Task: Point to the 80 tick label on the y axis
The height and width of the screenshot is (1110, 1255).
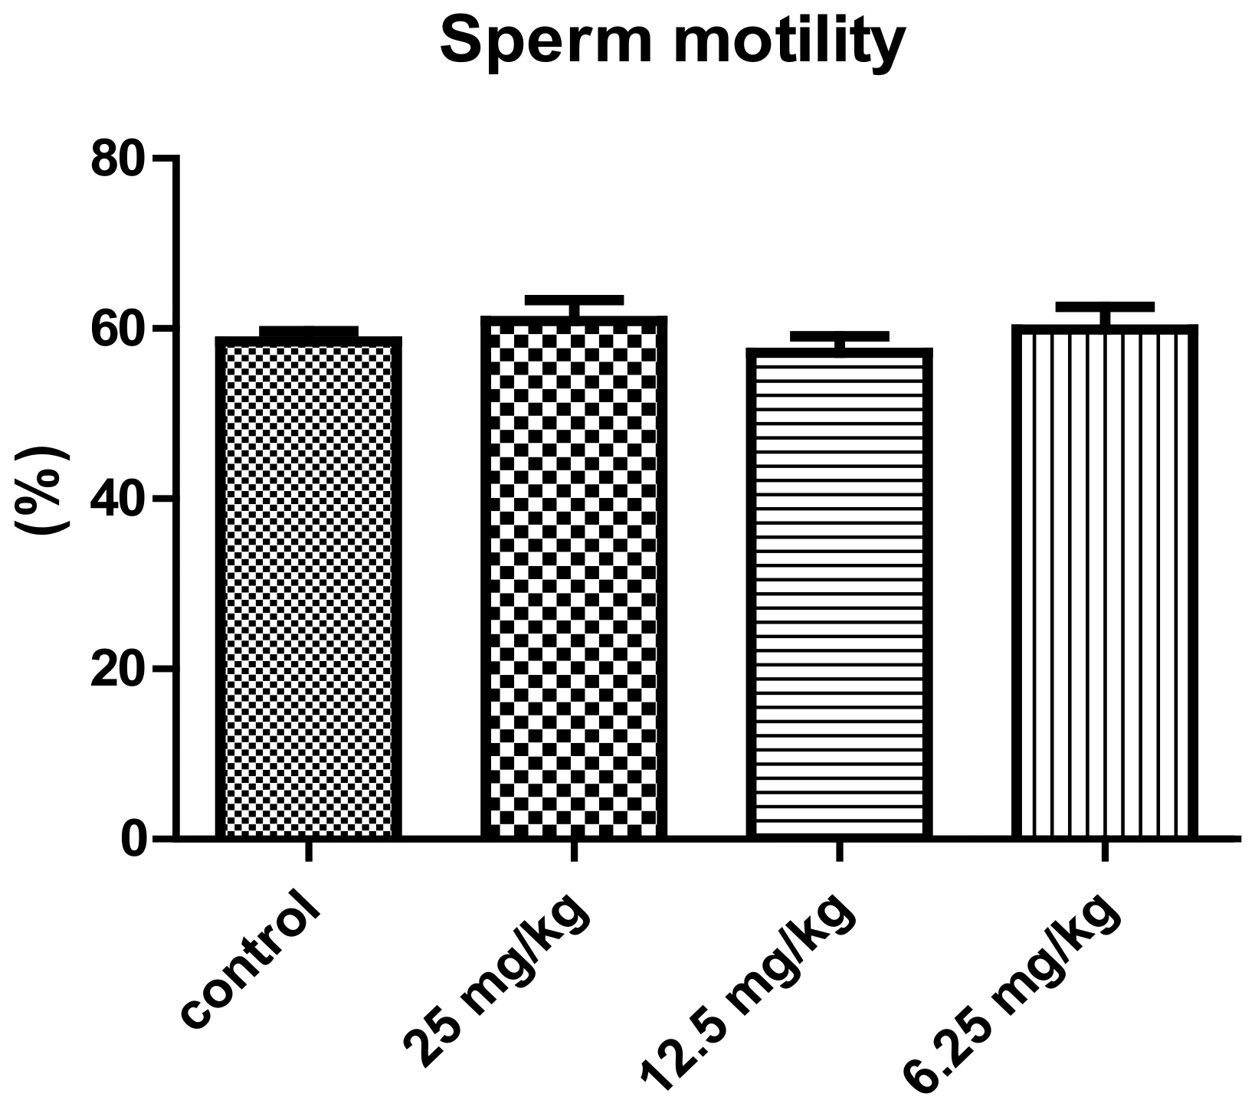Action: [x=117, y=159]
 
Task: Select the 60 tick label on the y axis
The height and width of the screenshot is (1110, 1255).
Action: [x=117, y=329]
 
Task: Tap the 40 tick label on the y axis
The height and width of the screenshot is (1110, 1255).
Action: [x=117, y=499]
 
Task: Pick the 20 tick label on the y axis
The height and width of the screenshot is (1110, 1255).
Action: [x=117, y=670]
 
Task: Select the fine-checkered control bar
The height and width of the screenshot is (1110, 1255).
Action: [x=309, y=590]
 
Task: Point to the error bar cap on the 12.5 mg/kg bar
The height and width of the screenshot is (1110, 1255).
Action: [x=839, y=336]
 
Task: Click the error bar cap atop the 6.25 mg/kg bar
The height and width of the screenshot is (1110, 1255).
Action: [x=1105, y=306]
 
